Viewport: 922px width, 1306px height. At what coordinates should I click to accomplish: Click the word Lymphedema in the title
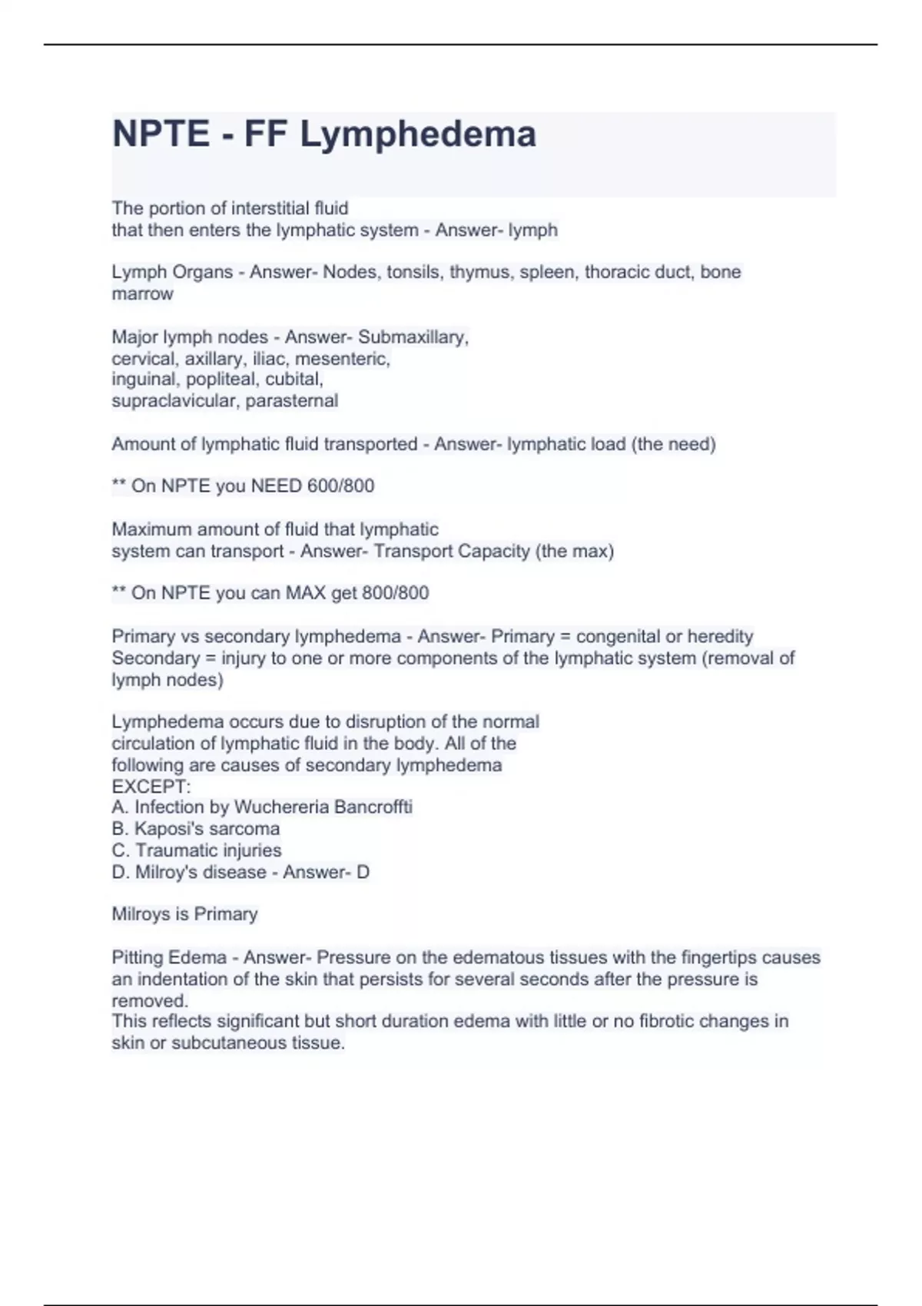tap(417, 134)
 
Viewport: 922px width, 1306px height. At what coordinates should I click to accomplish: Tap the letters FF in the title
tap(266, 134)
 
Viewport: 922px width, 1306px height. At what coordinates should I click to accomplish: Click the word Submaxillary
tap(413, 337)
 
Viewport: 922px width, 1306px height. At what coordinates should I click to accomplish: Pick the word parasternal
tap(292, 401)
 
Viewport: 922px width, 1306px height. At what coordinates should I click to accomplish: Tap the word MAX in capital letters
tap(306, 593)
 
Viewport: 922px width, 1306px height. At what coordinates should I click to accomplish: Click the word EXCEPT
tap(151, 787)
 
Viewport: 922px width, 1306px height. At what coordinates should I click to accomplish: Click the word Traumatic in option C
tap(172, 850)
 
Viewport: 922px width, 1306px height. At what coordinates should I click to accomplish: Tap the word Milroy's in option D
tap(167, 873)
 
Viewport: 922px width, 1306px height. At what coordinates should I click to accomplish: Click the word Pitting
tap(138, 958)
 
